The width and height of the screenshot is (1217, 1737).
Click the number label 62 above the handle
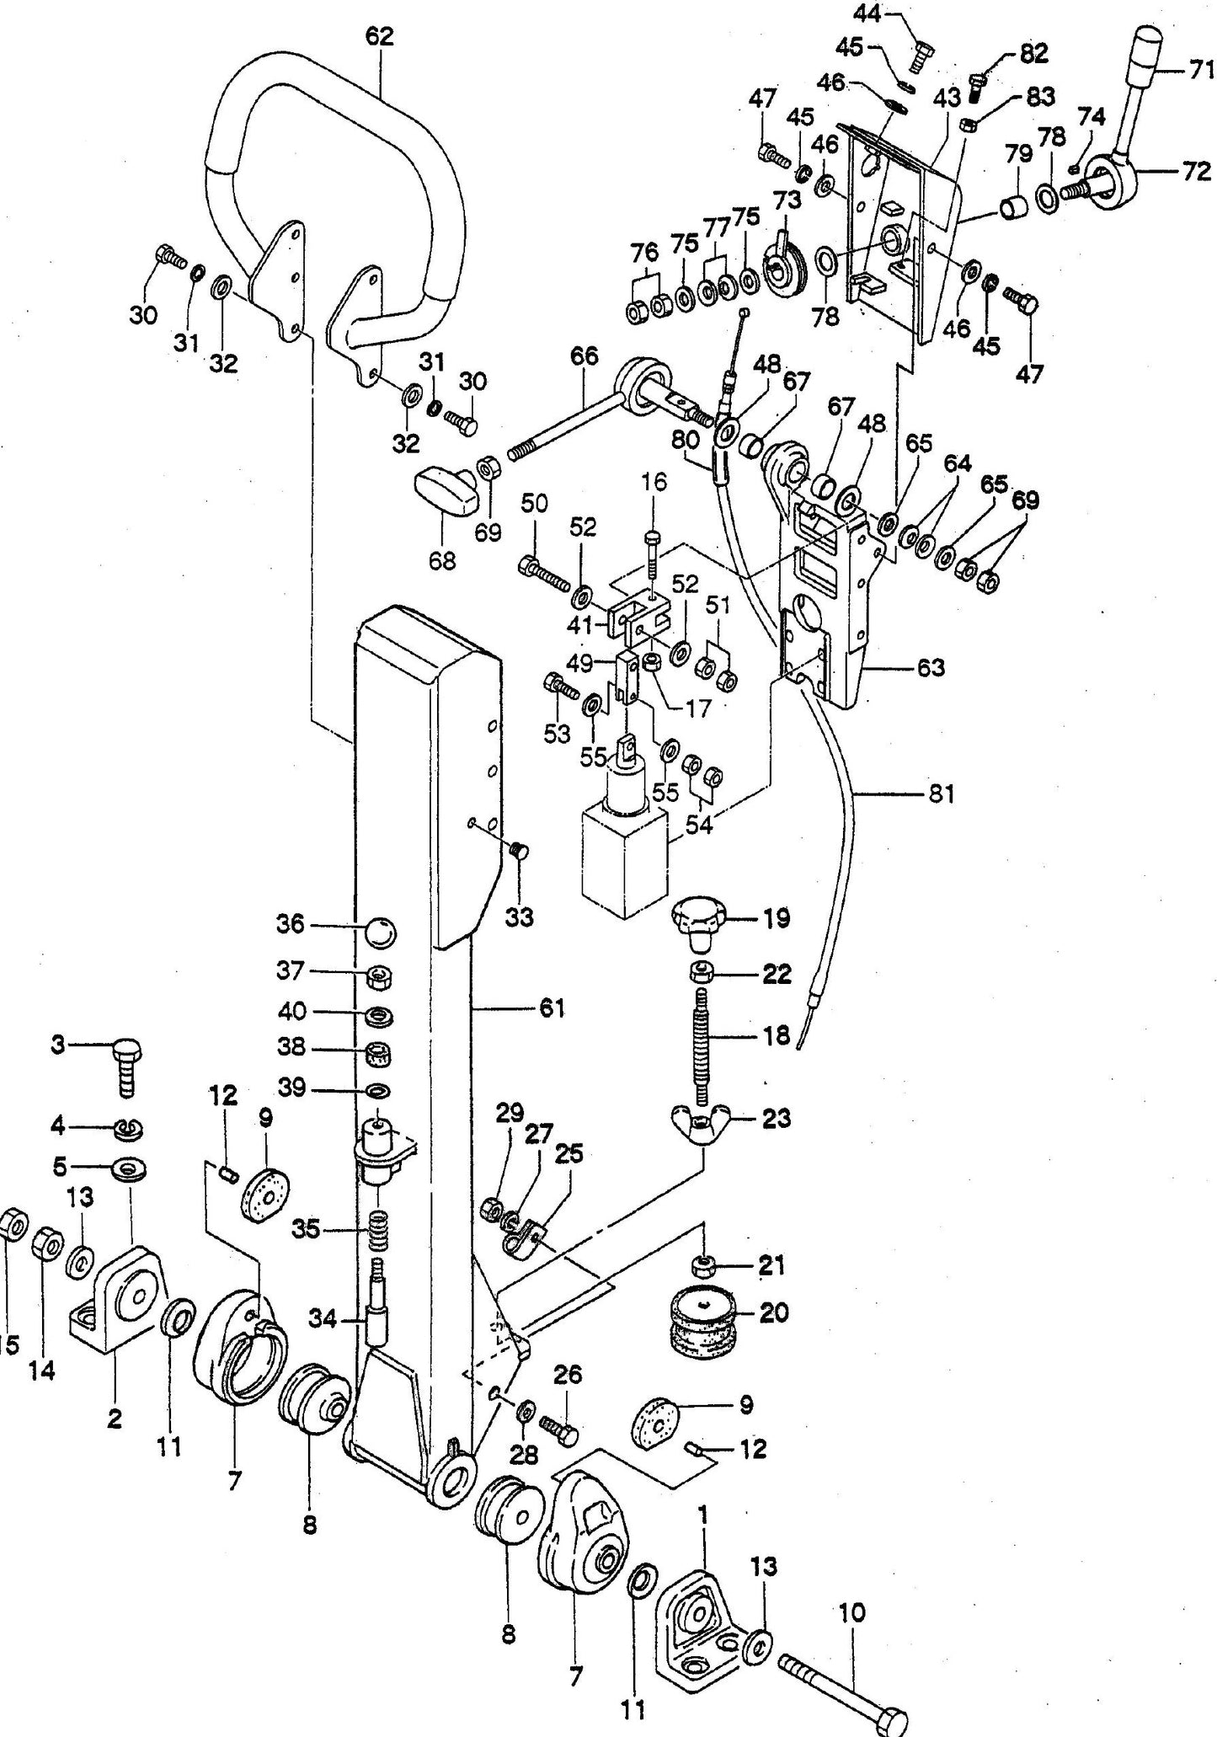tap(379, 36)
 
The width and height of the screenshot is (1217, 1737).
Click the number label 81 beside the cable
tap(942, 794)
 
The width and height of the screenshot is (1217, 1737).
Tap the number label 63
tap(931, 668)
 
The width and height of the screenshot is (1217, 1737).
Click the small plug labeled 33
tap(519, 852)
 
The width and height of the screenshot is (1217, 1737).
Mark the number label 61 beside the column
tap(552, 1007)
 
